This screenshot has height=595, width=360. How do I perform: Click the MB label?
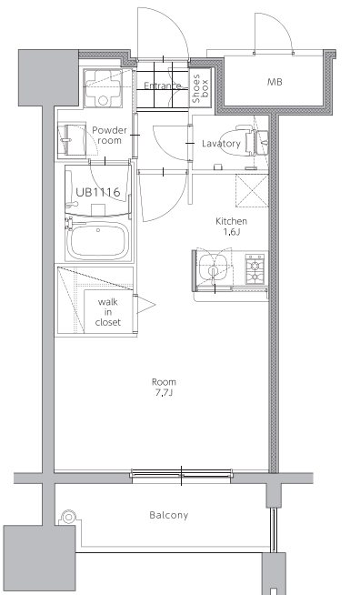(275, 82)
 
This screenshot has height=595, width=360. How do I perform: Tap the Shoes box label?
(200, 89)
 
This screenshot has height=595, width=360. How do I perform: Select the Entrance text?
(163, 86)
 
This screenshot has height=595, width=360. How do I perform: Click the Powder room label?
(109, 136)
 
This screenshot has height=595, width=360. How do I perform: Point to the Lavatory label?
(221, 144)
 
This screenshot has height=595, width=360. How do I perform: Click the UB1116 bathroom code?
(98, 192)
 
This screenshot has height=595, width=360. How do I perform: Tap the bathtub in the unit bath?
(97, 240)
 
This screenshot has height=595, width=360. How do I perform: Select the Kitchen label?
(232, 221)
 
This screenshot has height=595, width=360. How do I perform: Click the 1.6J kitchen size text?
(232, 232)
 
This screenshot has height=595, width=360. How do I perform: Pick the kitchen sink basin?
(214, 267)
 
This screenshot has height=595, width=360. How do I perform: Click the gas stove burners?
(255, 268)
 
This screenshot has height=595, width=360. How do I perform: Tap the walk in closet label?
(108, 312)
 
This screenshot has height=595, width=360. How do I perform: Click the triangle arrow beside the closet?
(145, 305)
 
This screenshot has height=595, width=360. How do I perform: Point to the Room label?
(164, 382)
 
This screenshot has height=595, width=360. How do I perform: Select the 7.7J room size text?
(164, 393)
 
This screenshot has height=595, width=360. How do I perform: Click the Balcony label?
(169, 515)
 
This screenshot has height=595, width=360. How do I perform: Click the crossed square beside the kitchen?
(252, 190)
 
